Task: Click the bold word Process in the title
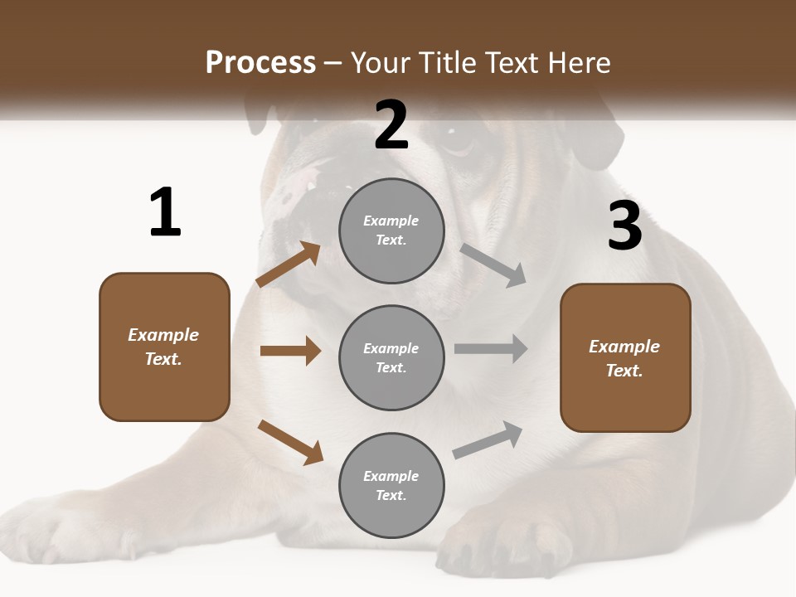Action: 260,63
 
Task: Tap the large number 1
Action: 165,212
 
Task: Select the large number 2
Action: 391,125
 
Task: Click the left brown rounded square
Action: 164,347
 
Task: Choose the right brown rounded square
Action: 625,357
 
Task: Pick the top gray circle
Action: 391,231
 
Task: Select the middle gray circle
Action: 391,357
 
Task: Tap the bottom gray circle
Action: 391,485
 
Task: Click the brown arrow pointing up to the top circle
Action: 289,265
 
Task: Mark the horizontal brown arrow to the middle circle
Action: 290,351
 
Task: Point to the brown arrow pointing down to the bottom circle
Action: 290,441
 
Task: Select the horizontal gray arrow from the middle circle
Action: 491,348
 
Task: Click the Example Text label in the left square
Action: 164,347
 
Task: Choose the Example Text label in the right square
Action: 625,358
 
